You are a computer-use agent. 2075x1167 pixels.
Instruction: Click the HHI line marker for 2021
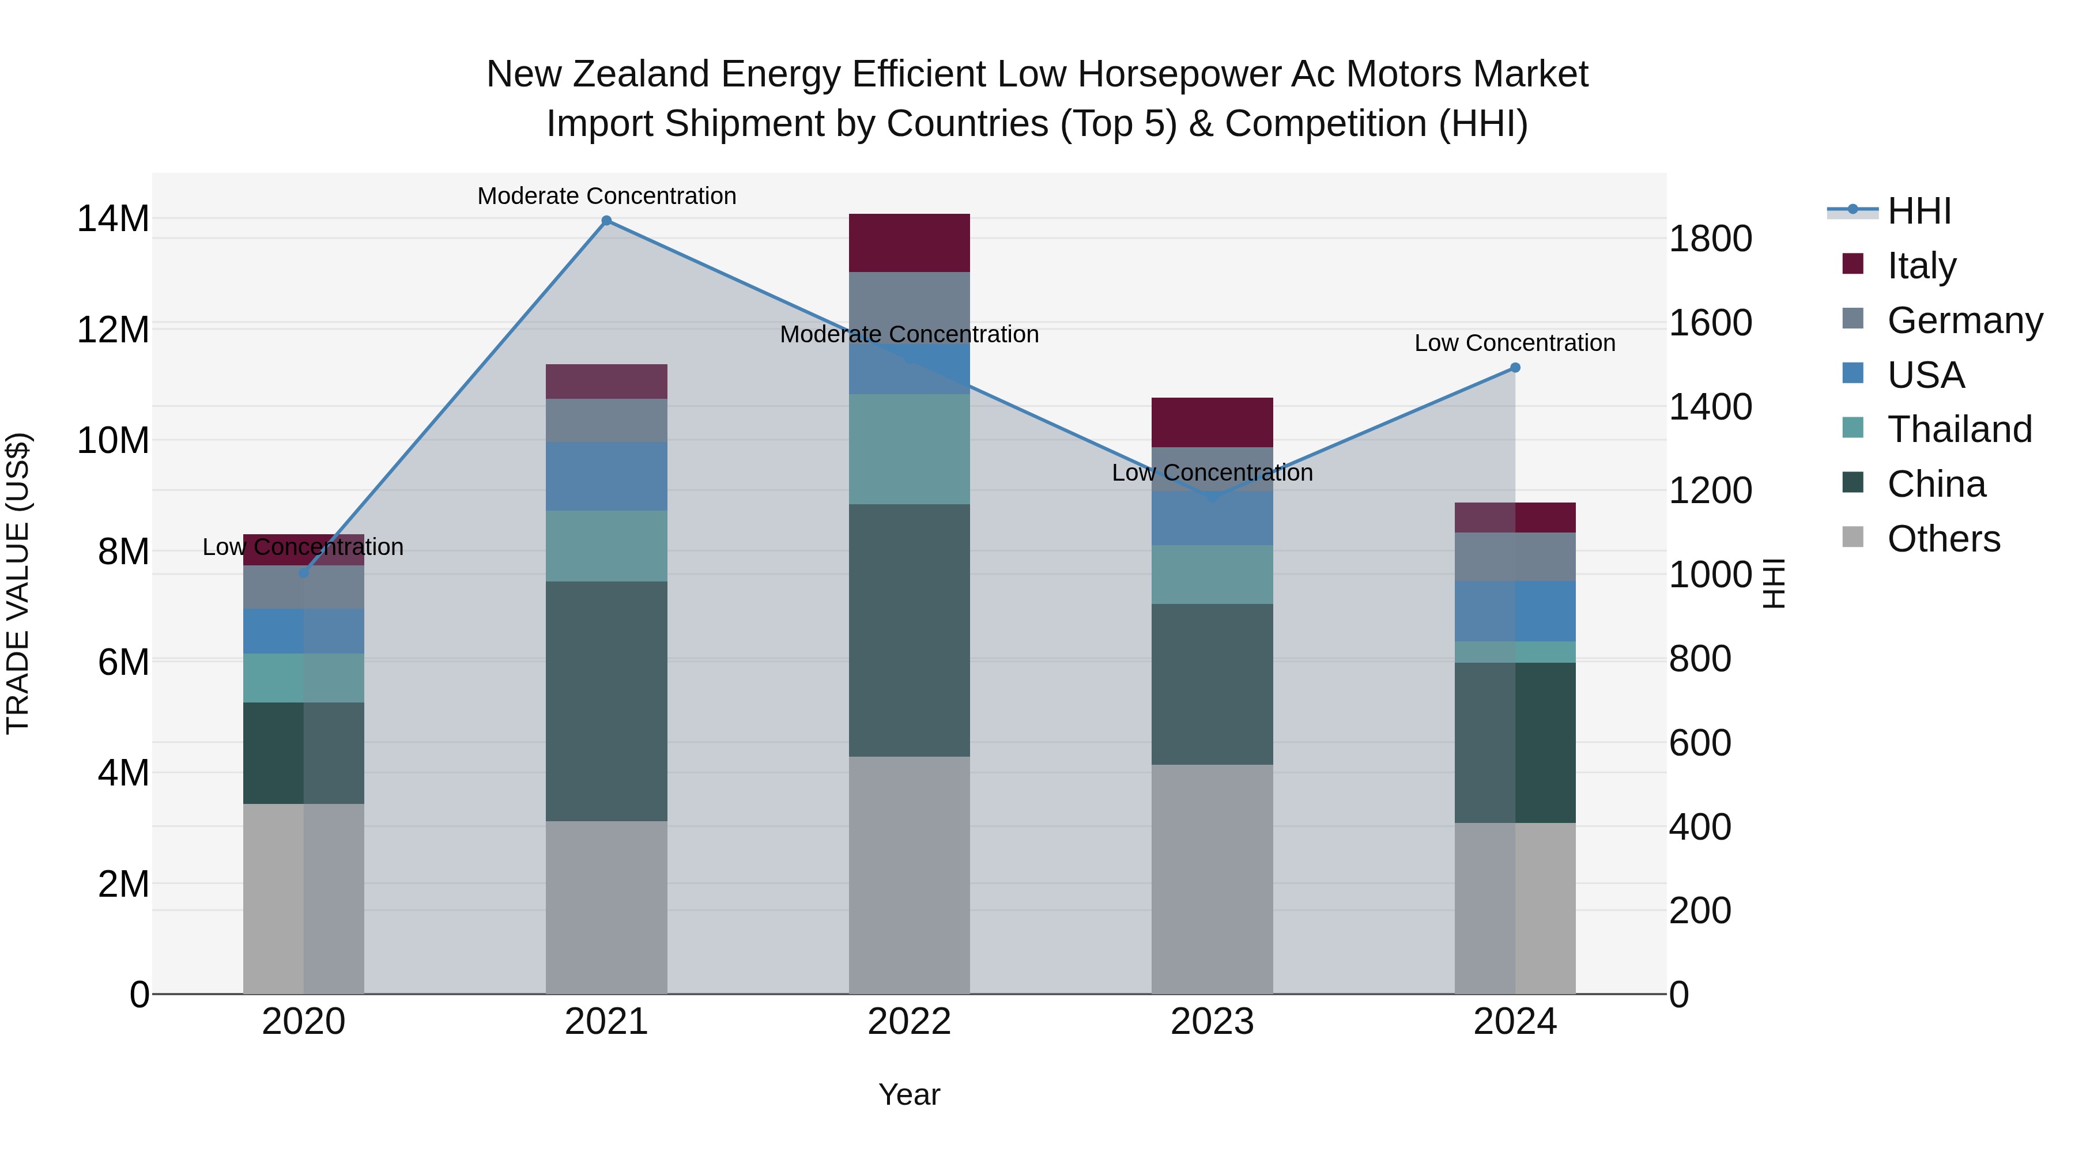(606, 221)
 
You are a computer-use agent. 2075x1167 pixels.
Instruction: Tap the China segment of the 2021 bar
(606, 701)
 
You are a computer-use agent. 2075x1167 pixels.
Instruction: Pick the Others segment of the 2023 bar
(1212, 879)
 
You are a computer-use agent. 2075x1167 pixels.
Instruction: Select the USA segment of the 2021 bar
(606, 476)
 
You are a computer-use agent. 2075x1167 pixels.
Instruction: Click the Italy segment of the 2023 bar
(1212, 422)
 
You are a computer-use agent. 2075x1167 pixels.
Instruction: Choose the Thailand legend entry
(1959, 429)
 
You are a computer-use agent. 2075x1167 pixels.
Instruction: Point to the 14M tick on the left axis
(113, 219)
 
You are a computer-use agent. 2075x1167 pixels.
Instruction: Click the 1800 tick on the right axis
(1710, 239)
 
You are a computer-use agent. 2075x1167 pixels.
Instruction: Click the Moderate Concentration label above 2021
(606, 196)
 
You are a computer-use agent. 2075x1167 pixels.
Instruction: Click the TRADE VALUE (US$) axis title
(18, 583)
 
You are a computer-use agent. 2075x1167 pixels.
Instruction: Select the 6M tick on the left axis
(122, 662)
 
